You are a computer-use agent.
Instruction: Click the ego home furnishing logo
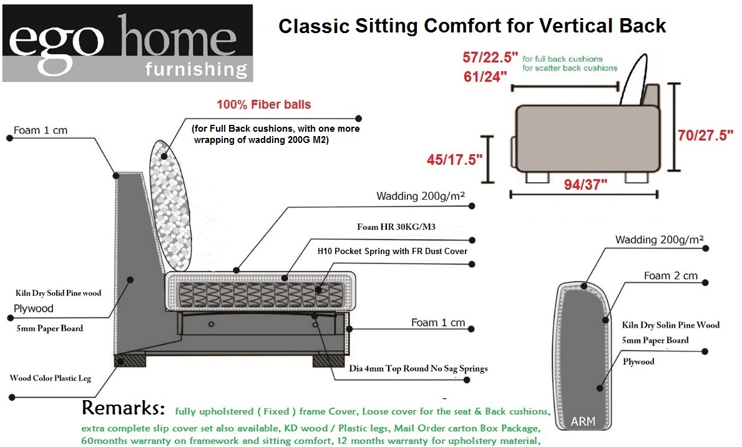tap(128, 43)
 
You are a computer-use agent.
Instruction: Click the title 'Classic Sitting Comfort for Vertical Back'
tap(472, 26)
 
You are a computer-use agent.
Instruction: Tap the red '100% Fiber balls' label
tap(263, 105)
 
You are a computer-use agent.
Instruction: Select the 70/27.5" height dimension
tap(705, 135)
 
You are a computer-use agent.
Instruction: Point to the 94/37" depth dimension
tap(585, 184)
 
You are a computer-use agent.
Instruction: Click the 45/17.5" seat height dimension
tap(454, 160)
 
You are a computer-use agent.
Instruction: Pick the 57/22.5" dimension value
tap(491, 57)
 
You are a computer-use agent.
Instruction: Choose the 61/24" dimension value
tap(485, 77)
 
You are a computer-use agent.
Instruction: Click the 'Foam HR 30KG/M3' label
tap(396, 227)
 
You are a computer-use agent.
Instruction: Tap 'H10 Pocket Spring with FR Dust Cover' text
tap(393, 252)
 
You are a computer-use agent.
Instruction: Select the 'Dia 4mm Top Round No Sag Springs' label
tap(418, 368)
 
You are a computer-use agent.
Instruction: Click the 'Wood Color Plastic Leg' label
tap(50, 378)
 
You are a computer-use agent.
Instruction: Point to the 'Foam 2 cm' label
tap(670, 275)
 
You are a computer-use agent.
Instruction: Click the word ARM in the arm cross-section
tap(582, 421)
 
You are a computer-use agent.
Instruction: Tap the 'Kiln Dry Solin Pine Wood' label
tap(670, 325)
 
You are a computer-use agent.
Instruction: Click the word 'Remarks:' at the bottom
tap(124, 408)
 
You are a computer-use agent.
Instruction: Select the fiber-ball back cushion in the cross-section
tap(170, 205)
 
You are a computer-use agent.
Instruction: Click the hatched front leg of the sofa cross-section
tap(328, 361)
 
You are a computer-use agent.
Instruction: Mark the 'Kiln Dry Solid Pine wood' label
tap(58, 293)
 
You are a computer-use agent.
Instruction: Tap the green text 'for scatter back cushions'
tap(570, 68)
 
